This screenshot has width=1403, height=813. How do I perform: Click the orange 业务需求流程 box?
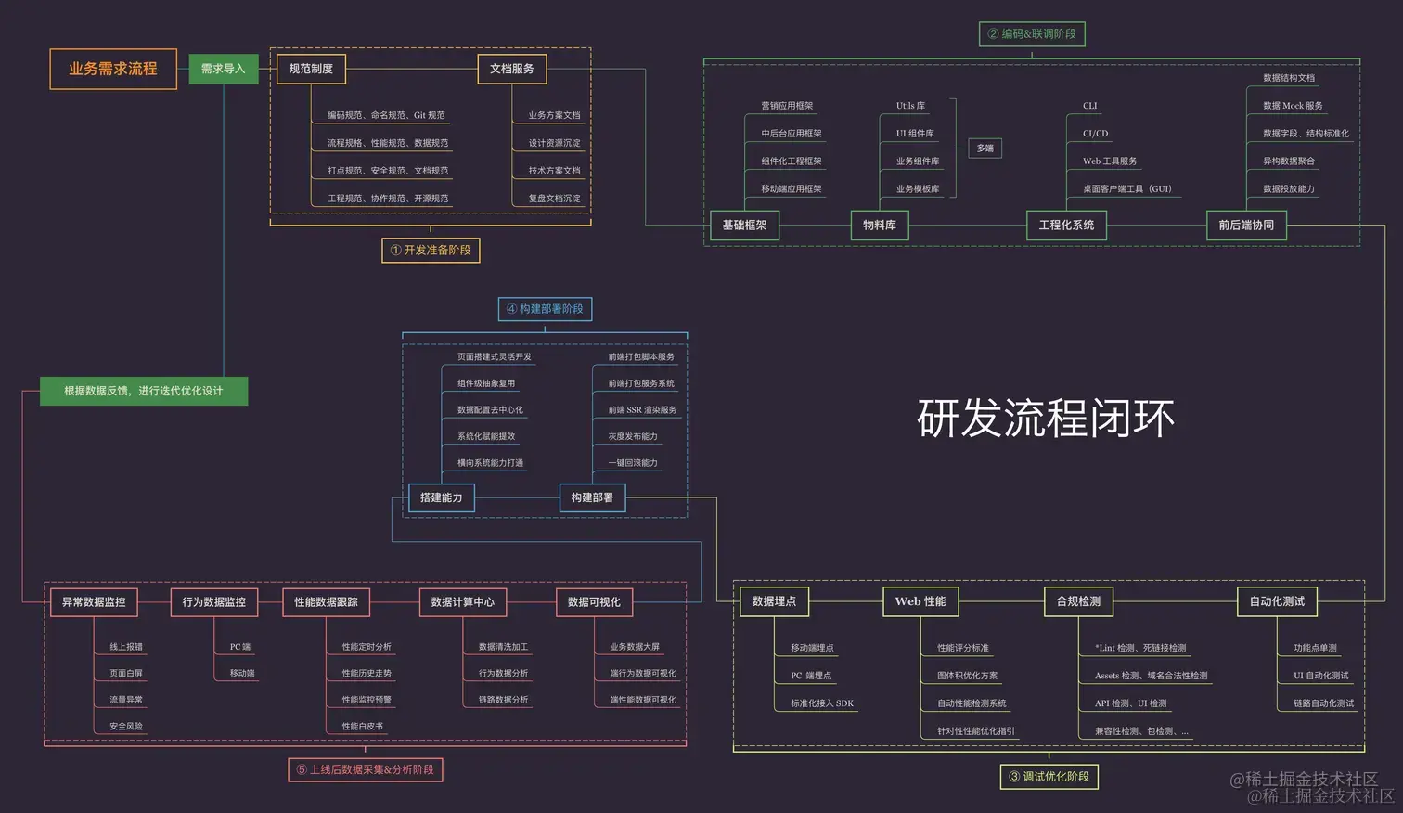click(113, 69)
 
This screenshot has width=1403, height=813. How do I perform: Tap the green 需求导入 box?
click(224, 69)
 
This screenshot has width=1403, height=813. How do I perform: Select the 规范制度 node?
click(311, 69)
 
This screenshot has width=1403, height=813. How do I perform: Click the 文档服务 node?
click(512, 69)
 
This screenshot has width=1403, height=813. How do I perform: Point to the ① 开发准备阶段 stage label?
click(431, 250)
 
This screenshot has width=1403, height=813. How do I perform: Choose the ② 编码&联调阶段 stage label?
click(1032, 34)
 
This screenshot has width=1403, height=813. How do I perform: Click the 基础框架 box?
click(744, 225)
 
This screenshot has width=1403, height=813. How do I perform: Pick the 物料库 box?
click(880, 225)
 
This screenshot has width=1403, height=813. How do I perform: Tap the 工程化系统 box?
click(1066, 225)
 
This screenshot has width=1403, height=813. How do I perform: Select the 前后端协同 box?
click(1246, 225)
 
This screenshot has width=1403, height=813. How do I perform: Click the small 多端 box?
click(985, 148)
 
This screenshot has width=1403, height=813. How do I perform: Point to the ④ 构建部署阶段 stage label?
click(545, 309)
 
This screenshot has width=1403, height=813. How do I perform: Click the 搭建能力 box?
click(442, 497)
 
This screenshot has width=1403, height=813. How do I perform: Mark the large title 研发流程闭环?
click(1046, 419)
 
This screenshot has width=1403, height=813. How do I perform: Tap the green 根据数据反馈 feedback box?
click(144, 391)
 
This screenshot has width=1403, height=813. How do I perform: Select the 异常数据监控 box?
click(94, 602)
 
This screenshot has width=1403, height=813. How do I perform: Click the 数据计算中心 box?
click(462, 602)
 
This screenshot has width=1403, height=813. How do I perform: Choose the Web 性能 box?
click(920, 601)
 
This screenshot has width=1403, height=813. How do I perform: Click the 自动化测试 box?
click(1277, 601)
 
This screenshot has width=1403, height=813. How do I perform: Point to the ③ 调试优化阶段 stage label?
click(1049, 777)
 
